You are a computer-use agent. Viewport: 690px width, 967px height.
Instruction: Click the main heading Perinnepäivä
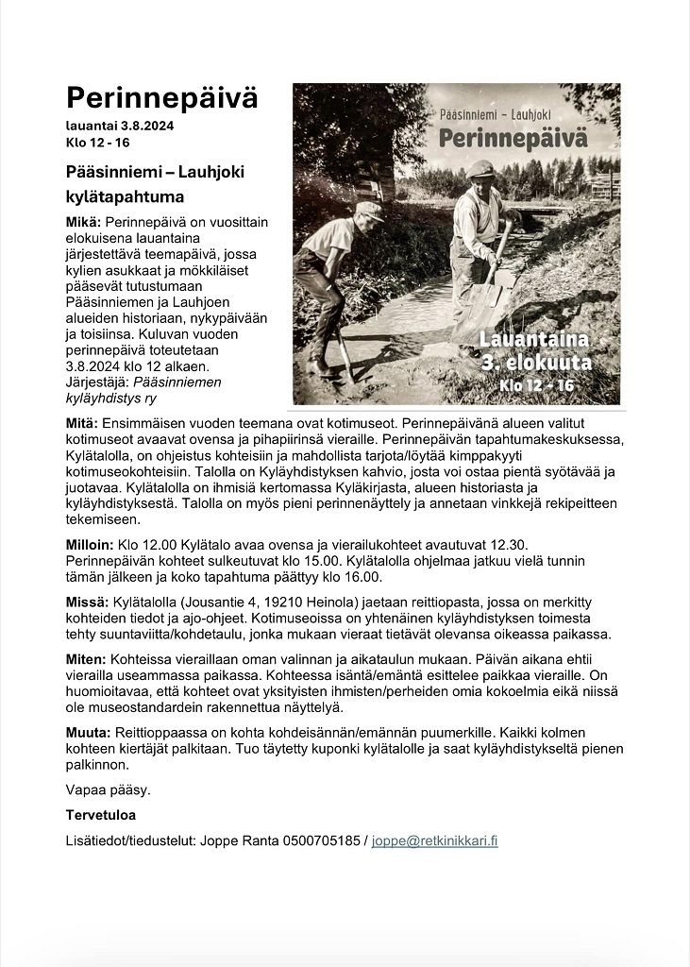(161, 97)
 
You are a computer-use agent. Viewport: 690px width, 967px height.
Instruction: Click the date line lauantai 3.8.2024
(120, 126)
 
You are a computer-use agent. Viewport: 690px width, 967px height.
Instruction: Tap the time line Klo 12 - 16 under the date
(98, 143)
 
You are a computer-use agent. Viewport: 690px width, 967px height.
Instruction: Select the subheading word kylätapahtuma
(125, 197)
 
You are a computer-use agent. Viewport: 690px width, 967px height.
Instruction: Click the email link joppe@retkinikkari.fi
(434, 840)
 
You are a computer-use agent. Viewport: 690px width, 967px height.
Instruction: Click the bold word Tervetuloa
(101, 814)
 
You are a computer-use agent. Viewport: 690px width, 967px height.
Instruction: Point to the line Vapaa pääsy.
(108, 789)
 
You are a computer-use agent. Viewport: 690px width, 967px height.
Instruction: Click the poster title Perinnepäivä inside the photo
(513, 138)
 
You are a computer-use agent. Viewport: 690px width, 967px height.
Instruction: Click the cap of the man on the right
(480, 168)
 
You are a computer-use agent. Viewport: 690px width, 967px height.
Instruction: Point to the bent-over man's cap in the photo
(369, 209)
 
